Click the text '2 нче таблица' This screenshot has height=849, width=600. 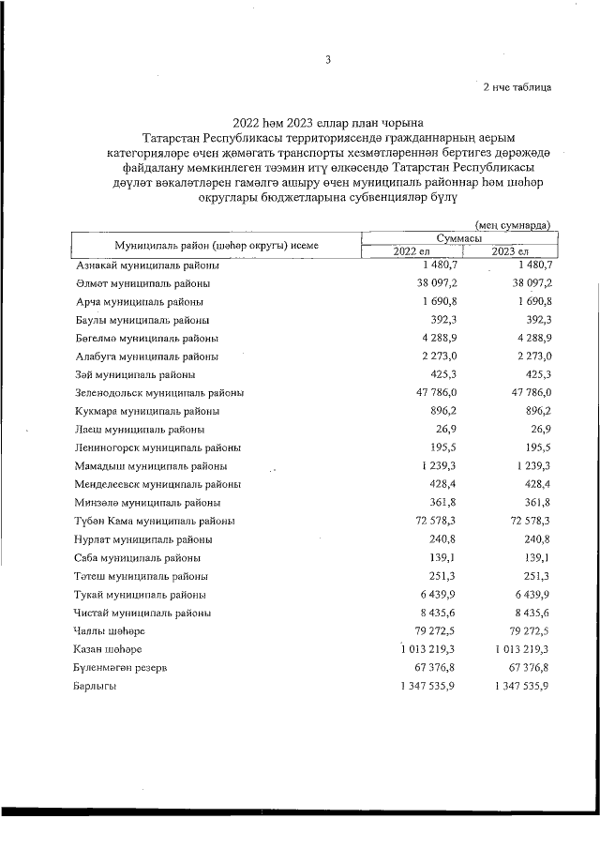[516, 87]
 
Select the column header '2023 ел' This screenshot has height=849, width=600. [511, 252]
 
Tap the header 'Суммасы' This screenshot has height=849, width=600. [460, 240]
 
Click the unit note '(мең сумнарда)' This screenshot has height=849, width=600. [512, 224]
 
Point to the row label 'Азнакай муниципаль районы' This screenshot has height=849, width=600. [147, 265]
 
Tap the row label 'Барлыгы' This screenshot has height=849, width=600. [97, 686]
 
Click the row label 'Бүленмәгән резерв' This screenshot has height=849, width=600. [121, 668]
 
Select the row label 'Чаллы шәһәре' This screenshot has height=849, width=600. [109, 630]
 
